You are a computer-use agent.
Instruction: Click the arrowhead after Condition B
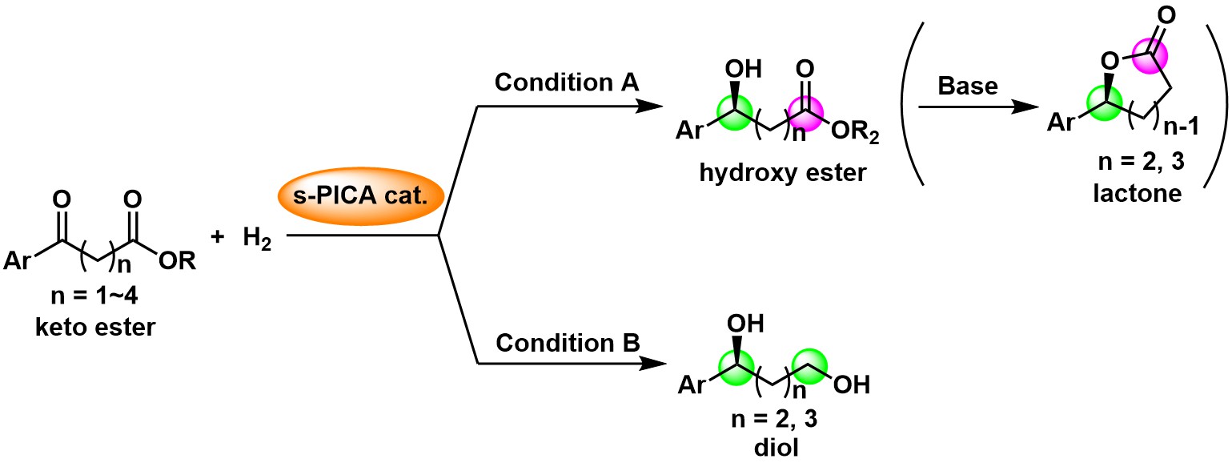(655, 363)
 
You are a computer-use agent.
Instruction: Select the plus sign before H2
(218, 238)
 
